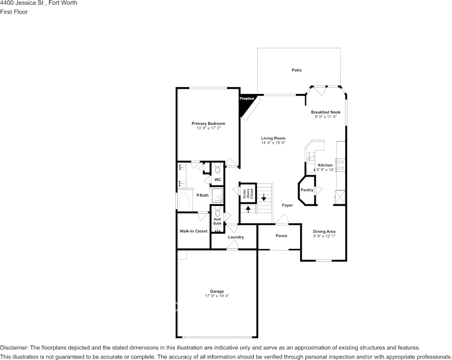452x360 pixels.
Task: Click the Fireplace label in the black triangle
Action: (x=247, y=99)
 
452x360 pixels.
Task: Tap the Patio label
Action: (x=296, y=70)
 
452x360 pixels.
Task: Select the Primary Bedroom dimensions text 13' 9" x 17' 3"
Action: (x=208, y=129)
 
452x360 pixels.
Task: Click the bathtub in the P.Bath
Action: (x=184, y=202)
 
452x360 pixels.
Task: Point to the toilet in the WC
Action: (x=218, y=168)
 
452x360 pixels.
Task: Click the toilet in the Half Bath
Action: (x=217, y=210)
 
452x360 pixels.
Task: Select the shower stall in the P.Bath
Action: (x=218, y=195)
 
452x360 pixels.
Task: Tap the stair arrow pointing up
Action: (x=248, y=209)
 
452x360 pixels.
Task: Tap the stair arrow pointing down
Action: (x=264, y=198)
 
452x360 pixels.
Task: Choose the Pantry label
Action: (x=307, y=190)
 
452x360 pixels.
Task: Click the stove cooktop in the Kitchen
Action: (x=340, y=164)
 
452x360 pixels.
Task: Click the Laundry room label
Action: (x=236, y=237)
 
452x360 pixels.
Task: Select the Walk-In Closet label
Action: (x=193, y=231)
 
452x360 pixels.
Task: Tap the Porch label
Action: (x=281, y=236)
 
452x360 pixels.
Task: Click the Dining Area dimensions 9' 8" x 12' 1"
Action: (x=324, y=236)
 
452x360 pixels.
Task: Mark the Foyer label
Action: (x=287, y=205)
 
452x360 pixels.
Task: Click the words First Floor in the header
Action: (x=14, y=12)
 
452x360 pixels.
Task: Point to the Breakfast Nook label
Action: (x=325, y=112)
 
